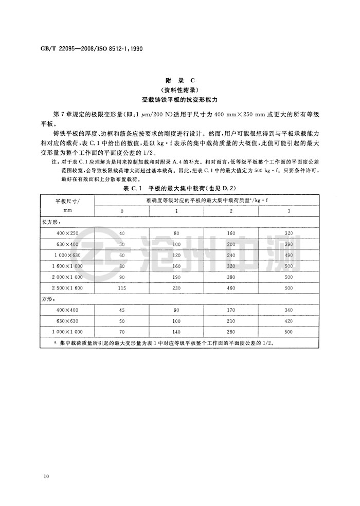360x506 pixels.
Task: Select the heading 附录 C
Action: coord(179,81)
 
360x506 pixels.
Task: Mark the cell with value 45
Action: coord(121,310)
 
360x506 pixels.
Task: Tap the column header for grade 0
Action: coord(121,211)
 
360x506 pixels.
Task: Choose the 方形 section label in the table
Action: coord(48,299)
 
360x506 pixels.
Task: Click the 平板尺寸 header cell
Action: coord(65,201)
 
